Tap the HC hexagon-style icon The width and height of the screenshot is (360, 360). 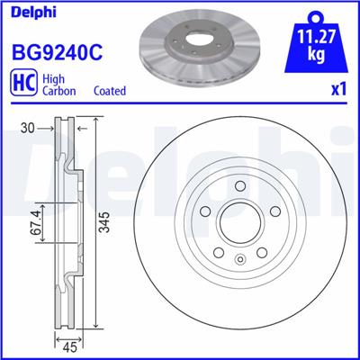24,85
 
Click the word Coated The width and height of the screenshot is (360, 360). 110,91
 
